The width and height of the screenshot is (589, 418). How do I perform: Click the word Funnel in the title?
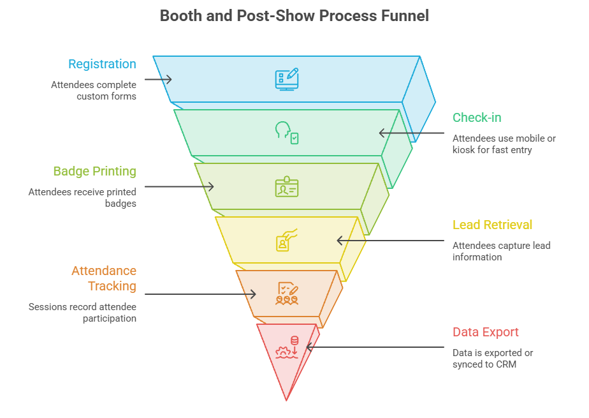[x=405, y=16]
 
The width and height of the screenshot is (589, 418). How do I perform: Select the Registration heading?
[x=102, y=64]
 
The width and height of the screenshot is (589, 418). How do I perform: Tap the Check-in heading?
[x=477, y=117]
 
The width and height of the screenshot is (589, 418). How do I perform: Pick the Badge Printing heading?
[x=94, y=172]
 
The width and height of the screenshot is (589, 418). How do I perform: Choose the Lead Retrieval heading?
[x=492, y=225]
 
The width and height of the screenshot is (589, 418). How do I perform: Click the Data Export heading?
[x=485, y=332]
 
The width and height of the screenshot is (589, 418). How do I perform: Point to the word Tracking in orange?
[x=112, y=287]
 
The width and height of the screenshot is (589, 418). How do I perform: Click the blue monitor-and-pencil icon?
[x=287, y=79]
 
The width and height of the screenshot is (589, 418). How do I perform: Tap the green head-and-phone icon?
[x=287, y=133]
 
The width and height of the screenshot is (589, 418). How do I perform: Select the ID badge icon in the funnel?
[x=287, y=186]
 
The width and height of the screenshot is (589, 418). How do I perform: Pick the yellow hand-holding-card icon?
[x=287, y=240]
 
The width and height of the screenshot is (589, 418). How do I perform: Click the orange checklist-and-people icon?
[x=287, y=294]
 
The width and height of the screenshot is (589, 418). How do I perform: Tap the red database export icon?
[x=287, y=347]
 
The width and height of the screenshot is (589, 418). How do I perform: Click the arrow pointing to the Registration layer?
[x=158, y=79]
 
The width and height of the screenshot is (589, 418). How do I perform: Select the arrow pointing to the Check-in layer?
[x=412, y=133]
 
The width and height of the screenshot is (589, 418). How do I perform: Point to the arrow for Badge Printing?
[x=179, y=186]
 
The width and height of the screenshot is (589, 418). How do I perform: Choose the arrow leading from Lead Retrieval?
[x=390, y=241]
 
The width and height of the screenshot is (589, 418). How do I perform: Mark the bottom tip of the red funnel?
[x=286, y=401]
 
